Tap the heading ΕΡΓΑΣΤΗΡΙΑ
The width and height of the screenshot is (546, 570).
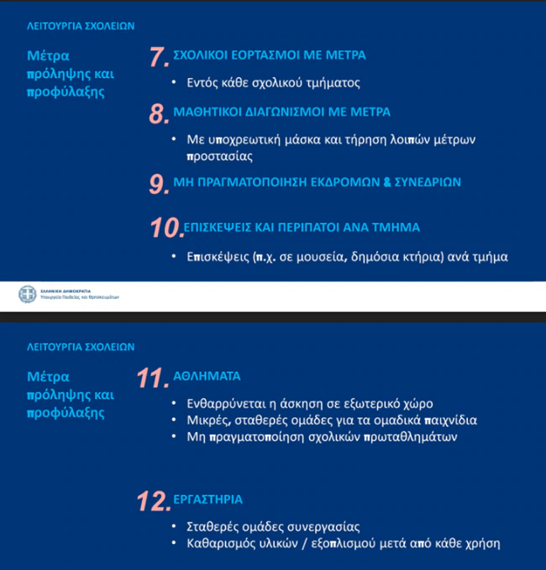point(208,499)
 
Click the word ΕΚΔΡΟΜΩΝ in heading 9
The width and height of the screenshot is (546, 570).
point(354,181)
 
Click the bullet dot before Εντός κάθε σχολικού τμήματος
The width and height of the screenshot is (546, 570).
point(173,83)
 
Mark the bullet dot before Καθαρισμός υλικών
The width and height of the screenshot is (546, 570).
point(173,544)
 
